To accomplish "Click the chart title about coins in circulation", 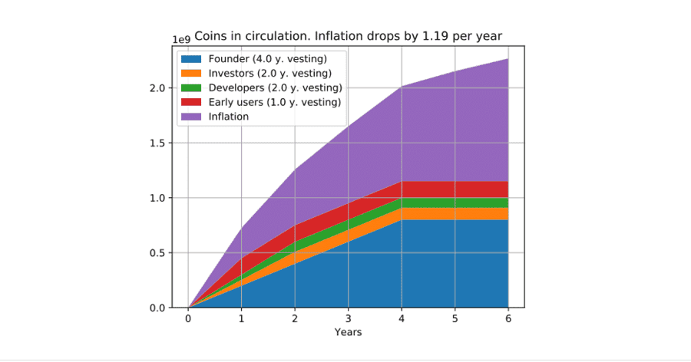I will pyautogui.click(x=348, y=36).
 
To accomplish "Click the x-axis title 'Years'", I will pyautogui.click(x=348, y=332).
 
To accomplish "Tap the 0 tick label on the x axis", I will pyautogui.click(x=189, y=319).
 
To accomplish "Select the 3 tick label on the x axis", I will pyautogui.click(x=349, y=319).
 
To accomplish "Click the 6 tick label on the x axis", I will pyautogui.click(x=508, y=319).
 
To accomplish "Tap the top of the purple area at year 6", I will pyautogui.click(x=508, y=59).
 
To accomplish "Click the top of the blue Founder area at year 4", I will pyautogui.click(x=402, y=220).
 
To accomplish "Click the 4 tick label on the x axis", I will pyautogui.click(x=402, y=319).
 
